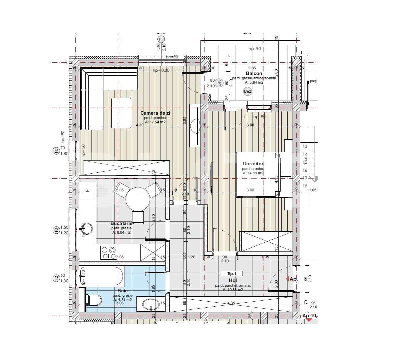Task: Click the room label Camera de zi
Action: point(155,113)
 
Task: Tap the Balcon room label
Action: point(254,73)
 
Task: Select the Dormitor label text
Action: point(253,164)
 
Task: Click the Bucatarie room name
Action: point(121,223)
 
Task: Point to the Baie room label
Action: point(122,291)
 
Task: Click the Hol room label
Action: point(233,281)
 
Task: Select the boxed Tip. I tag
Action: point(232,274)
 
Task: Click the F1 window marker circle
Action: point(161,39)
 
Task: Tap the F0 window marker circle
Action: point(56,151)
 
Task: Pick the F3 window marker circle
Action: point(56,230)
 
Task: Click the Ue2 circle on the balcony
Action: point(247,91)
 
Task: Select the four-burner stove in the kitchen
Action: point(109,253)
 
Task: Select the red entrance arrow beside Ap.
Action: point(287,279)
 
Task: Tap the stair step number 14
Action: point(305,154)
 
